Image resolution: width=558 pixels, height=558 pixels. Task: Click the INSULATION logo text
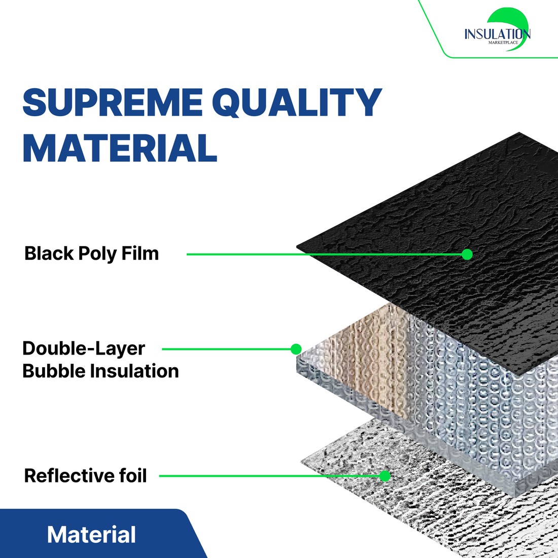point(498,34)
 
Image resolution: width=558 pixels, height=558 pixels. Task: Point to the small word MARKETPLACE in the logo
point(503,43)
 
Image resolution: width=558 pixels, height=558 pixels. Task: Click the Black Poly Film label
point(91,254)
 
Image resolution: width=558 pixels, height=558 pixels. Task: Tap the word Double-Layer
point(84,348)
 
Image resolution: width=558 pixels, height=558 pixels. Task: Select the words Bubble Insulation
point(101,371)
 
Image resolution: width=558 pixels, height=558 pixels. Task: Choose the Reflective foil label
point(85,475)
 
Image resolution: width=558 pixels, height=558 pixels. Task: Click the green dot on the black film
point(467,255)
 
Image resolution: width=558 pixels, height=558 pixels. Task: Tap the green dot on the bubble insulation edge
point(296,349)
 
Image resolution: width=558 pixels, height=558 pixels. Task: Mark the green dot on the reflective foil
point(385,476)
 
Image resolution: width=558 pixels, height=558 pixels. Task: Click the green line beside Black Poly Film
point(324,255)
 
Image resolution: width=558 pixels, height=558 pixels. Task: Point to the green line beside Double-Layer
point(226,349)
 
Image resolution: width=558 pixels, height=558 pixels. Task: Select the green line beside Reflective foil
point(269,476)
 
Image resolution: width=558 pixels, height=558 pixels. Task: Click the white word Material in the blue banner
point(91,535)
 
